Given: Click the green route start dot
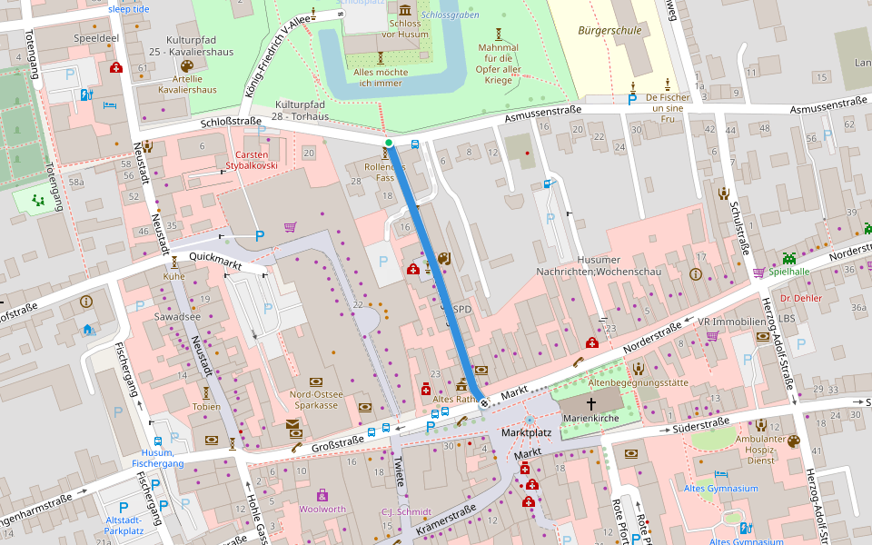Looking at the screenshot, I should click(x=389, y=143).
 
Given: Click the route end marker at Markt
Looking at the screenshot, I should click(x=484, y=402).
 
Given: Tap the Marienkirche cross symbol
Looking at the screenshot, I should click(x=590, y=402).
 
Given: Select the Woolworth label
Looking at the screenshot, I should click(x=322, y=509).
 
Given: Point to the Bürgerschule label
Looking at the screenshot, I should click(x=609, y=30).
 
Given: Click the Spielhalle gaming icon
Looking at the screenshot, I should click(x=788, y=258).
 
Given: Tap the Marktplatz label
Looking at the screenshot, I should click(x=527, y=435).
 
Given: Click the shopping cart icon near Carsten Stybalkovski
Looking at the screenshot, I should click(x=290, y=227).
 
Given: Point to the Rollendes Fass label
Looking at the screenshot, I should click(x=382, y=173).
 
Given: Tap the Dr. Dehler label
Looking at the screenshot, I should click(x=799, y=298).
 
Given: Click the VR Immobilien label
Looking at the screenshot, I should click(x=732, y=322).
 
